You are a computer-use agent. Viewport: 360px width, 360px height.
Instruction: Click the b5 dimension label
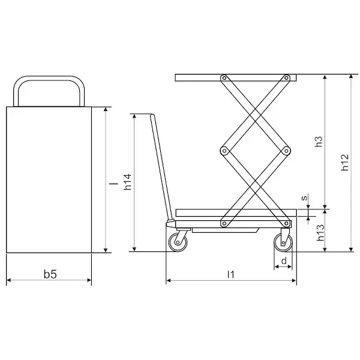pos(50,274)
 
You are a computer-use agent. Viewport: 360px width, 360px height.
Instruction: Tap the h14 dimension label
pos(127,182)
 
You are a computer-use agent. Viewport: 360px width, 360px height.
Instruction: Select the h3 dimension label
pos(319,142)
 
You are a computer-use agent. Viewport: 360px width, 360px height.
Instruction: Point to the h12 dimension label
pos(344,162)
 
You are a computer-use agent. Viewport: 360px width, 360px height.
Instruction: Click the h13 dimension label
pos(320,232)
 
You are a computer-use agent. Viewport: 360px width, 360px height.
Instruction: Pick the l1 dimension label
pos(231,274)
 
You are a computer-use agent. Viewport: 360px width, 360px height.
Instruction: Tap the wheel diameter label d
pos(284,261)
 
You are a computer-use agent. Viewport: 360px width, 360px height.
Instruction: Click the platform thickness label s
pos(304,197)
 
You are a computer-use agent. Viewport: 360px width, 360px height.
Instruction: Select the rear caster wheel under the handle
pos(178,242)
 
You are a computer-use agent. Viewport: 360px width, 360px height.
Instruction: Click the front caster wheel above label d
pos(283,242)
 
